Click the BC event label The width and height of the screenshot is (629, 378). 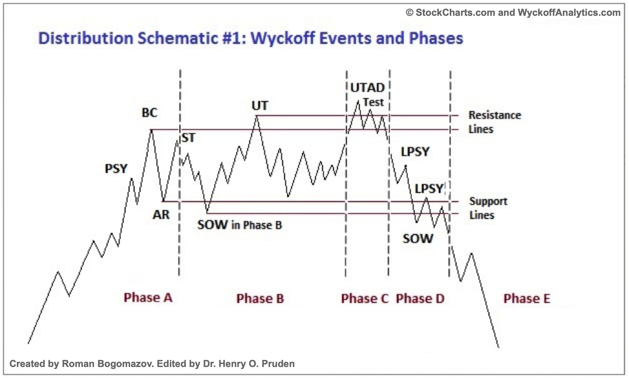coord(150,113)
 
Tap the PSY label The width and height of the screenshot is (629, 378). coord(116,169)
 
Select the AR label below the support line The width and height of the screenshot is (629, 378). coord(161,215)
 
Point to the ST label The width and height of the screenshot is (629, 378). coord(188,138)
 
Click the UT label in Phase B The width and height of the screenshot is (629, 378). coord(260,106)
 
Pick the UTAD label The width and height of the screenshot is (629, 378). coord(367,88)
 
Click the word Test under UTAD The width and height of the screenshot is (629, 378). coord(373,102)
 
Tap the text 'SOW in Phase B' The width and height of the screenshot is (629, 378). coord(239,225)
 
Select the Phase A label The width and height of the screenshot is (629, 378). coord(148,298)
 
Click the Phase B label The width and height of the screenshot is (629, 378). coord(260,299)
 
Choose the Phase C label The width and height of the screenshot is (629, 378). coord(365,299)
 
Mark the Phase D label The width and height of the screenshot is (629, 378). coord(420,299)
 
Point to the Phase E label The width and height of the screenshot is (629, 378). coord(527,299)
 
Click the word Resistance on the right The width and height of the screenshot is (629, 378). coord(495,115)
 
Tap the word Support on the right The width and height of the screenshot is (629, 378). coord(488,201)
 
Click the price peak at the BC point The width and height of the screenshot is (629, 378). coord(151,130)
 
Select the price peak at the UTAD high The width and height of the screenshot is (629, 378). coord(358,101)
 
